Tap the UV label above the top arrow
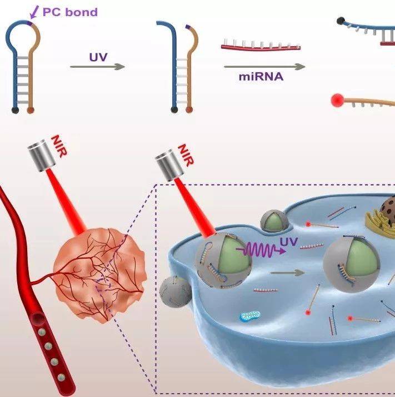97,57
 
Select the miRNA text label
261,77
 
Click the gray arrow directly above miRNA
264,67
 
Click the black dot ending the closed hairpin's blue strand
15,110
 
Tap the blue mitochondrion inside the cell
249,317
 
